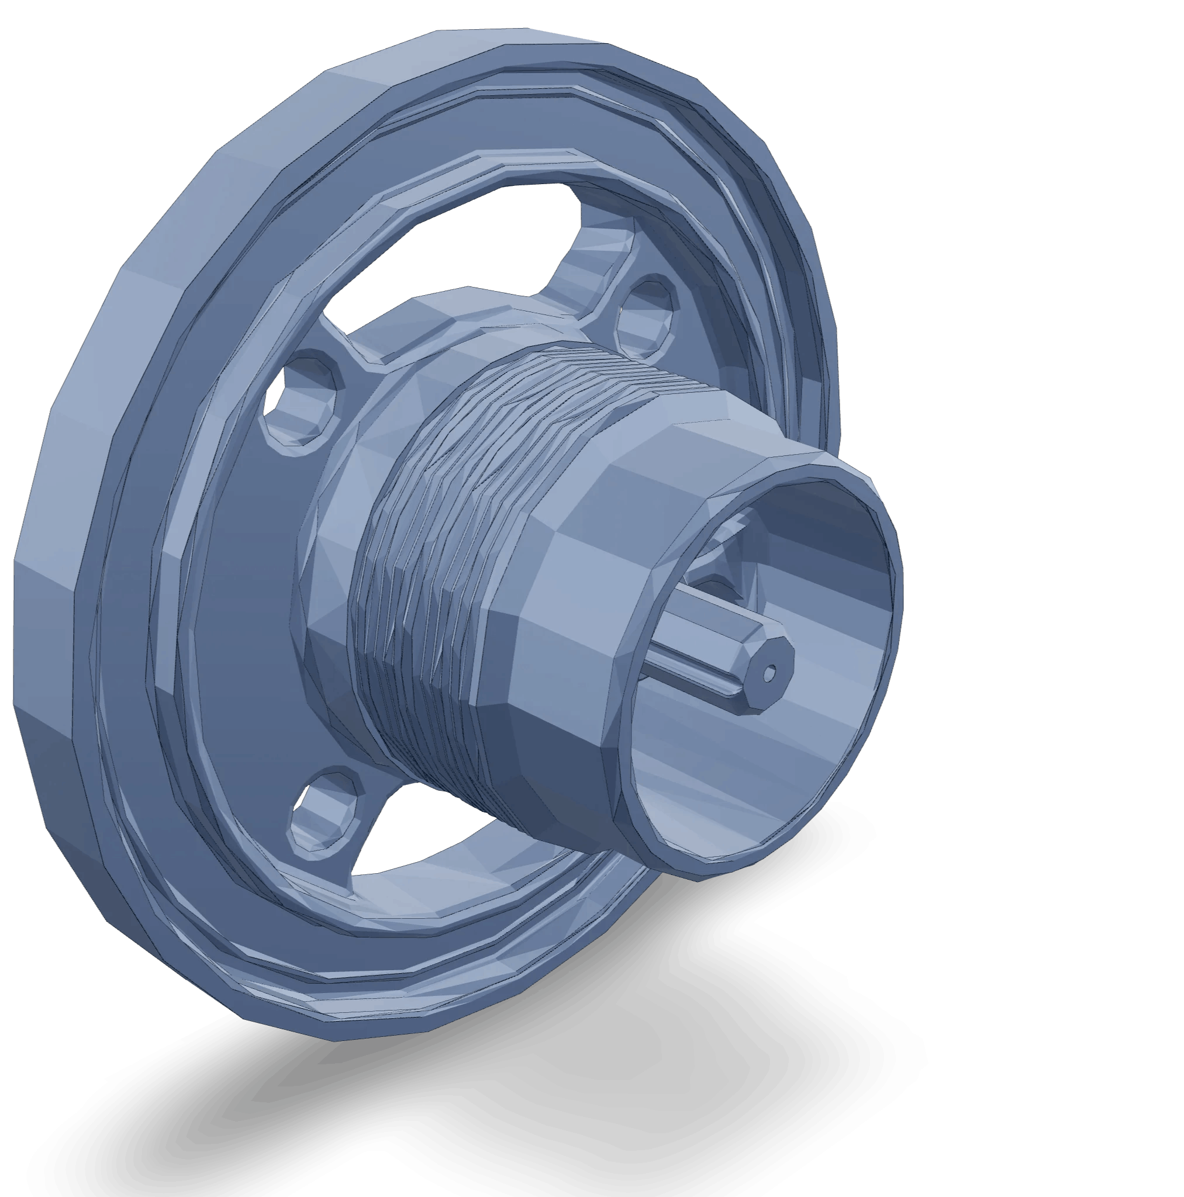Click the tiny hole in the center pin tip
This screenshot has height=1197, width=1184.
coord(770,672)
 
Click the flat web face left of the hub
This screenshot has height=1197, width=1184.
coord(248,589)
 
